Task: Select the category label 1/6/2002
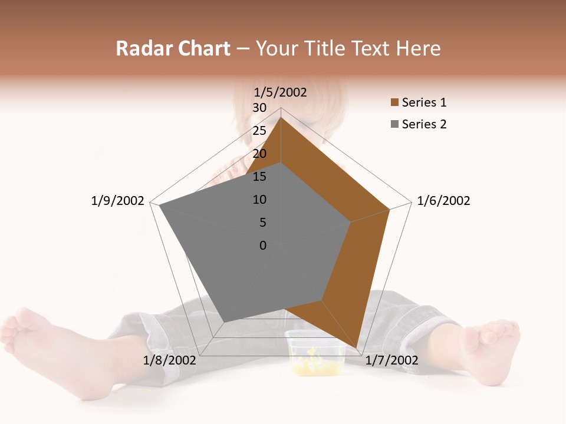coord(443,201)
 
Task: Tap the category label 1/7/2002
coord(391,360)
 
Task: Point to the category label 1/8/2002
coord(169,360)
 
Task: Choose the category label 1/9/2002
coord(117,201)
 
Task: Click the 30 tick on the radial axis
coord(259,108)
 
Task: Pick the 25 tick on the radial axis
coord(259,131)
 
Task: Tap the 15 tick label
coord(259,177)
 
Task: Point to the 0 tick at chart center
coord(263,246)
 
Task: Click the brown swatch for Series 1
coord(394,103)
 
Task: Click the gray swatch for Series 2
coord(394,124)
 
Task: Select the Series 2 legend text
coord(424,124)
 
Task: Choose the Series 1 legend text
coord(424,102)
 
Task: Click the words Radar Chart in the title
coord(173,48)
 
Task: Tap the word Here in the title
coord(419,48)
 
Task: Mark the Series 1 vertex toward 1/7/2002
coord(357,349)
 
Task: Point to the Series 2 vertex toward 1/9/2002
coord(159,206)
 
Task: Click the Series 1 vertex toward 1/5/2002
coord(281,117)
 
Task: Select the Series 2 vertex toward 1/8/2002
coord(223,322)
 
